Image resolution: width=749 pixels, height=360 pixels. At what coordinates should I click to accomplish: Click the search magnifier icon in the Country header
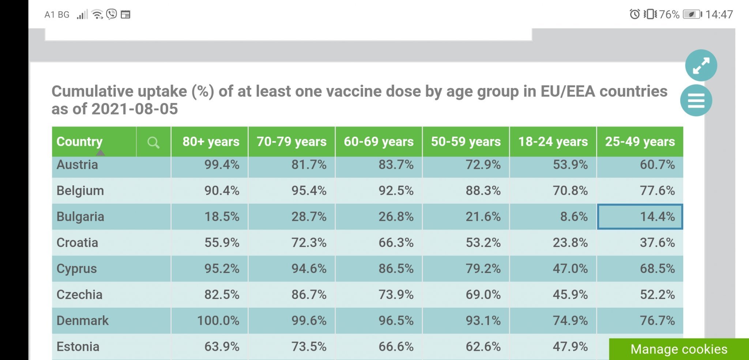pos(153,142)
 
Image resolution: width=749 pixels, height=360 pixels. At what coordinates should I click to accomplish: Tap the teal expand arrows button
pos(701,65)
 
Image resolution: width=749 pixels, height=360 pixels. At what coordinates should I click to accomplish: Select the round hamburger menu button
pos(696,101)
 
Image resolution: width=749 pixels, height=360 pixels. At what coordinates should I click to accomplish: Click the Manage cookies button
pos(679,349)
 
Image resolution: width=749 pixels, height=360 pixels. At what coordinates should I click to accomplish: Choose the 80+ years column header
pos(211,142)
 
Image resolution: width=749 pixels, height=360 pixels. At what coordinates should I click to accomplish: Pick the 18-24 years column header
pos(553,142)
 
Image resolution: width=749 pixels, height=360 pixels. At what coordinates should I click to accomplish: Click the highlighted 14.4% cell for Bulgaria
pos(640,217)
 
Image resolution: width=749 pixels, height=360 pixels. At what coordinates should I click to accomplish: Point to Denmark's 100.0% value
pos(218,321)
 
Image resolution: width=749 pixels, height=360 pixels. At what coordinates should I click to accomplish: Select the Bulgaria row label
pos(80,217)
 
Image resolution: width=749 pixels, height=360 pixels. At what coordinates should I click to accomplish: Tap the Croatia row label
pos(77,243)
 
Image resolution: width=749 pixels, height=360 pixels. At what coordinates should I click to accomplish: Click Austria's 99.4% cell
pos(222,165)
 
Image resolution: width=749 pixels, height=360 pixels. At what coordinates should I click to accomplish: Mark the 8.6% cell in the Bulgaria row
pos(574,217)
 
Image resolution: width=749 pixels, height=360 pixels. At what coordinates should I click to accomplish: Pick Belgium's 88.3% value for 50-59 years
pos(483,191)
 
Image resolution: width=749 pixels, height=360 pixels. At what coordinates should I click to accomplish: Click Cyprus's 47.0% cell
pos(570,269)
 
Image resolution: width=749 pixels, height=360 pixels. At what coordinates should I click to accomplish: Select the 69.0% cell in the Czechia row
pos(483,295)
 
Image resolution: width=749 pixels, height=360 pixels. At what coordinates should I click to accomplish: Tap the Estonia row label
pos(78,346)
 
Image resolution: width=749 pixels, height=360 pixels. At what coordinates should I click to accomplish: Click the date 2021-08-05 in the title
pos(135,109)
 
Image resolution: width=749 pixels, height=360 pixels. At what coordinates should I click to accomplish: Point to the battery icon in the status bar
pos(692,15)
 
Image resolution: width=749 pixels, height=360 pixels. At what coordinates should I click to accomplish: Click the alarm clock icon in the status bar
pos(635,14)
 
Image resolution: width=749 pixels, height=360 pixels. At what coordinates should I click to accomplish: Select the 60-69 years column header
pos(379,142)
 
